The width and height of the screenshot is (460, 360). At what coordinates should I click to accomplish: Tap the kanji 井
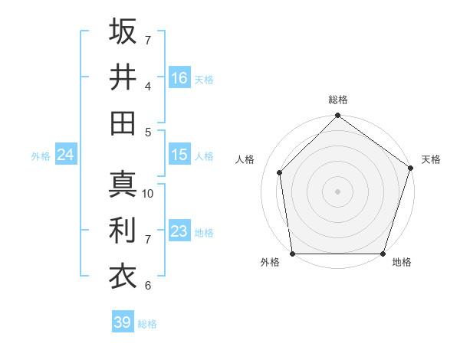pos(123,77)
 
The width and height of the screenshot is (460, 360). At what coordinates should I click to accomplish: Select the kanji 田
pos(123,123)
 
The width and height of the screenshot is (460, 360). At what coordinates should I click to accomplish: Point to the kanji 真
pos(123,185)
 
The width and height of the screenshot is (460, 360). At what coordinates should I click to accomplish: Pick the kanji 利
pos(123,231)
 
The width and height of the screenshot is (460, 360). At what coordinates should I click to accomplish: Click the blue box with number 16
pos(179,77)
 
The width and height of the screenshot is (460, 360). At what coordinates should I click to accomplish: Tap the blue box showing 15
pos(179,155)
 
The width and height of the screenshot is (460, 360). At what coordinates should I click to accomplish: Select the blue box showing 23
pos(179,232)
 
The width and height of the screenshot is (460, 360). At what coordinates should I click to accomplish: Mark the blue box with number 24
pos(65,155)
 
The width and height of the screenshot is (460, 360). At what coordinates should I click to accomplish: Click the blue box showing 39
pos(122,322)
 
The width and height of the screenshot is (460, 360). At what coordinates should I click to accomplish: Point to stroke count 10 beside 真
pos(148,194)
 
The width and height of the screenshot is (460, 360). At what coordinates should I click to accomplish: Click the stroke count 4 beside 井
pos(148,86)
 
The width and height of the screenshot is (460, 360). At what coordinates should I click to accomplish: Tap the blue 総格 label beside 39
pos(147,324)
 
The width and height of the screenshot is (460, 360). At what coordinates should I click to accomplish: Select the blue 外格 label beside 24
pos(41,156)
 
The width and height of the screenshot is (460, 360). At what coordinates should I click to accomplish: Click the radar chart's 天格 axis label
pos(431,159)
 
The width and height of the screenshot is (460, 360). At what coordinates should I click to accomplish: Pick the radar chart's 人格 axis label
pos(245,159)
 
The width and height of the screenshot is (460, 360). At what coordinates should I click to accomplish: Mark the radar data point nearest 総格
pos(337,116)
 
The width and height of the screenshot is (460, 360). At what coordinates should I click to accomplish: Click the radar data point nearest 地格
pos(383,254)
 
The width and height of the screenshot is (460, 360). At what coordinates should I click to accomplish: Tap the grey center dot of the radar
pos(337,191)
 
